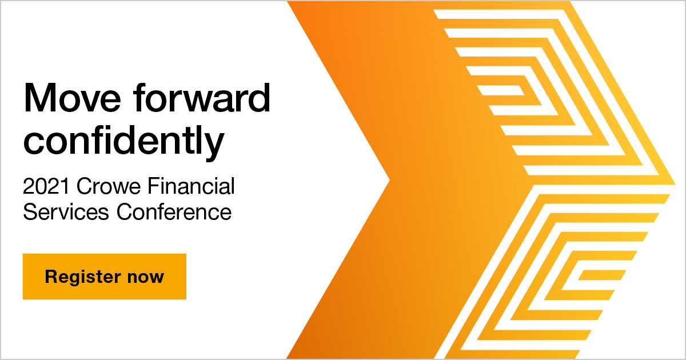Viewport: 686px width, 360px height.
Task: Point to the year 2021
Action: [x=46, y=186]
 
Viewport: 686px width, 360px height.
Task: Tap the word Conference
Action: [x=174, y=212]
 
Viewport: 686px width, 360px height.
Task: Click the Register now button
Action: [x=105, y=277]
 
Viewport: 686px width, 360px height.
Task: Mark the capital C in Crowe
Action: [x=83, y=186]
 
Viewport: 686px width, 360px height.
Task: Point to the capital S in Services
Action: [x=29, y=212]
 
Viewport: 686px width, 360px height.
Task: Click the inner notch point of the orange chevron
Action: [x=389, y=181]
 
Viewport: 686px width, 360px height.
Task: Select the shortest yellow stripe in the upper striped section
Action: [x=500, y=90]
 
